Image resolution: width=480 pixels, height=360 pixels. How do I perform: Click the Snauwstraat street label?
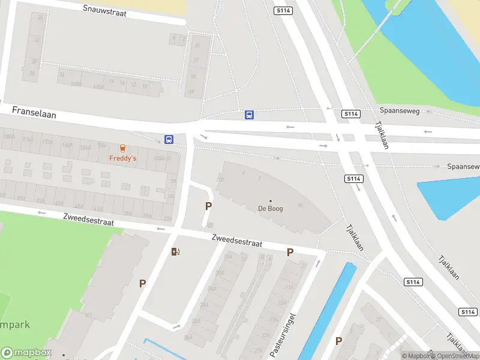[x=105, y=11]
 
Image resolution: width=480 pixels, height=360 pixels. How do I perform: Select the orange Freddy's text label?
[x=122, y=158]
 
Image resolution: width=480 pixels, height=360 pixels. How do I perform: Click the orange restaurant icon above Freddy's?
[x=122, y=148]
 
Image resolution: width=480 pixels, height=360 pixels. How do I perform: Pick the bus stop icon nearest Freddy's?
[x=169, y=139]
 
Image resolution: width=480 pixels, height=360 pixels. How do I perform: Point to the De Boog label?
[x=270, y=209]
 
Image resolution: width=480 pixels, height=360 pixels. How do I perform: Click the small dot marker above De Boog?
[x=270, y=201]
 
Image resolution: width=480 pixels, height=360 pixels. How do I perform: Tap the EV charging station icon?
[x=175, y=251]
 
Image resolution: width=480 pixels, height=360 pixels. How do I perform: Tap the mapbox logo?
[x=26, y=353]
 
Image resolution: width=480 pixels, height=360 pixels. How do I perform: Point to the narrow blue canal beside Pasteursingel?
[x=327, y=312]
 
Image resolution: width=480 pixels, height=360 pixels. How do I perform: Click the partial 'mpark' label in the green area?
[x=14, y=325]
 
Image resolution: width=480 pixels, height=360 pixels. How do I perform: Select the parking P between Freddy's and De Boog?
[x=208, y=206]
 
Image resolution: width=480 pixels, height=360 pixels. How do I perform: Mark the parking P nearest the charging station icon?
[x=142, y=283]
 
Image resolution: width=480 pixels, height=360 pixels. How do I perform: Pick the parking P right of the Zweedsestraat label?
[x=290, y=253]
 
